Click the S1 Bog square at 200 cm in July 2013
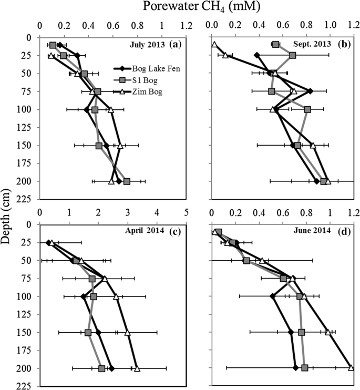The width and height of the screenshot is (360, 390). pos(127,181)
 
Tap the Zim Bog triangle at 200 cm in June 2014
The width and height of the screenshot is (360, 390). pos(351,368)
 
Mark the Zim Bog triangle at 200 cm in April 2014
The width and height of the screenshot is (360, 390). pos(137,368)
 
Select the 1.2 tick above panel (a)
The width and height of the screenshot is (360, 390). pos(186,25)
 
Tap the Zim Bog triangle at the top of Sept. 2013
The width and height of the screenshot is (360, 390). pos(214,44)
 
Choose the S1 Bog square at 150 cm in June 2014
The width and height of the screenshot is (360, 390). pos(302,332)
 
